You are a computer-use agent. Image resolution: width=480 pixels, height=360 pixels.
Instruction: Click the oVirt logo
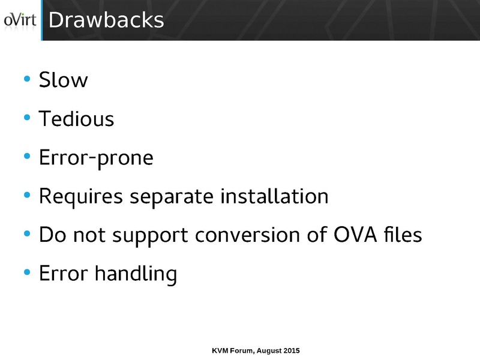point(20,20)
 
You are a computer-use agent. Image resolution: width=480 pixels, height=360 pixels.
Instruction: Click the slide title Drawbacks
point(106,20)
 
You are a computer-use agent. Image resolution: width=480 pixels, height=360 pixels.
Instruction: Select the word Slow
point(63,80)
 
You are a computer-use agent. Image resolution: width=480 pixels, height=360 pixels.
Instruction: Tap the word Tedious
point(76,119)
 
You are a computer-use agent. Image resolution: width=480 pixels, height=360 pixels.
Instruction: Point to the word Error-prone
point(96,158)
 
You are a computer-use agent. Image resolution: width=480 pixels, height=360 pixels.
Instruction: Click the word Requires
point(77,197)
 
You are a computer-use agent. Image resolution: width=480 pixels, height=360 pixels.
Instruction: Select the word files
point(400,235)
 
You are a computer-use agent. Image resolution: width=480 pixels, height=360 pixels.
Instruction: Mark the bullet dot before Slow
point(26,80)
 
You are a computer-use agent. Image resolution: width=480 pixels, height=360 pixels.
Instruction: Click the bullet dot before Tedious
point(26,119)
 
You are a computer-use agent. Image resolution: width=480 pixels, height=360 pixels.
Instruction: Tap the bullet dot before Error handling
point(26,274)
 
